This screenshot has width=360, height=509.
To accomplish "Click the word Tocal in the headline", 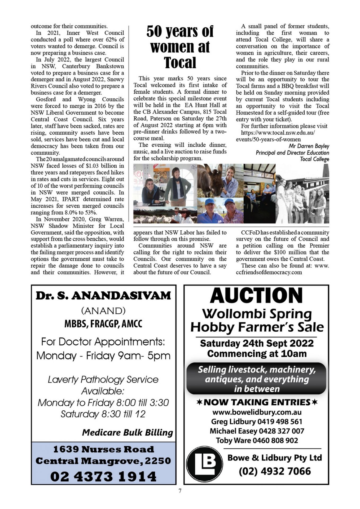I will pyautogui.click(x=180, y=63).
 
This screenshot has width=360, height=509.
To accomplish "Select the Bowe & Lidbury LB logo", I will pyautogui.click(x=204, y=464).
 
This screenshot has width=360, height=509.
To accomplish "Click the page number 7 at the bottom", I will pyautogui.click(x=180, y=491).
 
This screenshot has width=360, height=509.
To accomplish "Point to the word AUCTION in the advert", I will pyautogui.click(x=256, y=295).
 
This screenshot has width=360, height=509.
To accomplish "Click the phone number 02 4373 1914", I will pyautogui.click(x=103, y=476).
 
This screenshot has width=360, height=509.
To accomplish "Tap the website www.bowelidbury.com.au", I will pyautogui.click(x=257, y=412).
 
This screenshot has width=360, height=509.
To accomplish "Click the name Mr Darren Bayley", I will pyautogui.click(x=309, y=146).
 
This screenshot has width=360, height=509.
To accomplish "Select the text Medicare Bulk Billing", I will pyautogui.click(x=128, y=432).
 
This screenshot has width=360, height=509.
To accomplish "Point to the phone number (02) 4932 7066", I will pyautogui.click(x=275, y=471).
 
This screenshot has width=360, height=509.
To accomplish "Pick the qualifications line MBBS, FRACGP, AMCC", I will pyautogui.click(x=103, y=324).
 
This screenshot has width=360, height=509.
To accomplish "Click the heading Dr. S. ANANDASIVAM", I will pyautogui.click(x=103, y=296).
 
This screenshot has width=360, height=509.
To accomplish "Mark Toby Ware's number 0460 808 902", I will pyautogui.click(x=275, y=440).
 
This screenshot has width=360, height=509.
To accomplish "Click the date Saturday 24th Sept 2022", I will pyautogui.click(x=257, y=343).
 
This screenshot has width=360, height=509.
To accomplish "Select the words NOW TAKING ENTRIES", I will pyautogui.click(x=257, y=402).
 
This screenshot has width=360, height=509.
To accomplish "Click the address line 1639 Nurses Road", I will pyautogui.click(x=103, y=449).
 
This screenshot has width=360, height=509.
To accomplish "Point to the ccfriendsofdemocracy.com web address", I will pyautogui.click(x=269, y=272).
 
